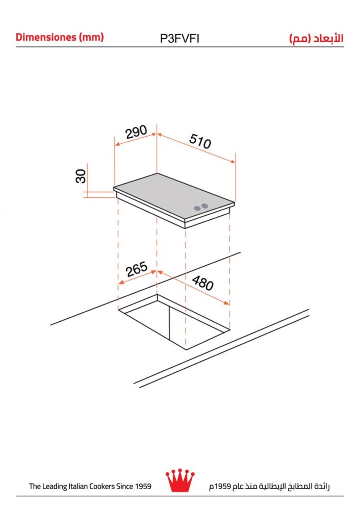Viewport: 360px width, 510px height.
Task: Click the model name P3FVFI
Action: click(x=179, y=39)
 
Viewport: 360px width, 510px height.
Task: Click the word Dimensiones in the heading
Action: click(x=46, y=37)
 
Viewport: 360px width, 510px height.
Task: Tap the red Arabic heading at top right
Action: click(x=316, y=38)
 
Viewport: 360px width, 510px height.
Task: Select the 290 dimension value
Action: click(x=136, y=132)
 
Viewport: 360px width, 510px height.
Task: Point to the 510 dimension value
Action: click(x=200, y=141)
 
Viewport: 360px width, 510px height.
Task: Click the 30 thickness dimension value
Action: click(x=81, y=176)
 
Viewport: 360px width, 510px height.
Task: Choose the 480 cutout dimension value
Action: click(x=202, y=283)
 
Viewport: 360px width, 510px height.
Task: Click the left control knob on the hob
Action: click(x=197, y=208)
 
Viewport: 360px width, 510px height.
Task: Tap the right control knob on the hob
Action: click(x=204, y=206)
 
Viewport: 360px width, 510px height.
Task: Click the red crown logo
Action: click(x=180, y=480)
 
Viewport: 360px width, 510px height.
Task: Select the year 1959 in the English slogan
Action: click(x=143, y=486)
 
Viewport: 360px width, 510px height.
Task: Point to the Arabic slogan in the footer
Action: click(x=269, y=486)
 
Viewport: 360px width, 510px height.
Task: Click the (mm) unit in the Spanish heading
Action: click(x=91, y=37)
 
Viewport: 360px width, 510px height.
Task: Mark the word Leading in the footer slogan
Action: click(x=55, y=487)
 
